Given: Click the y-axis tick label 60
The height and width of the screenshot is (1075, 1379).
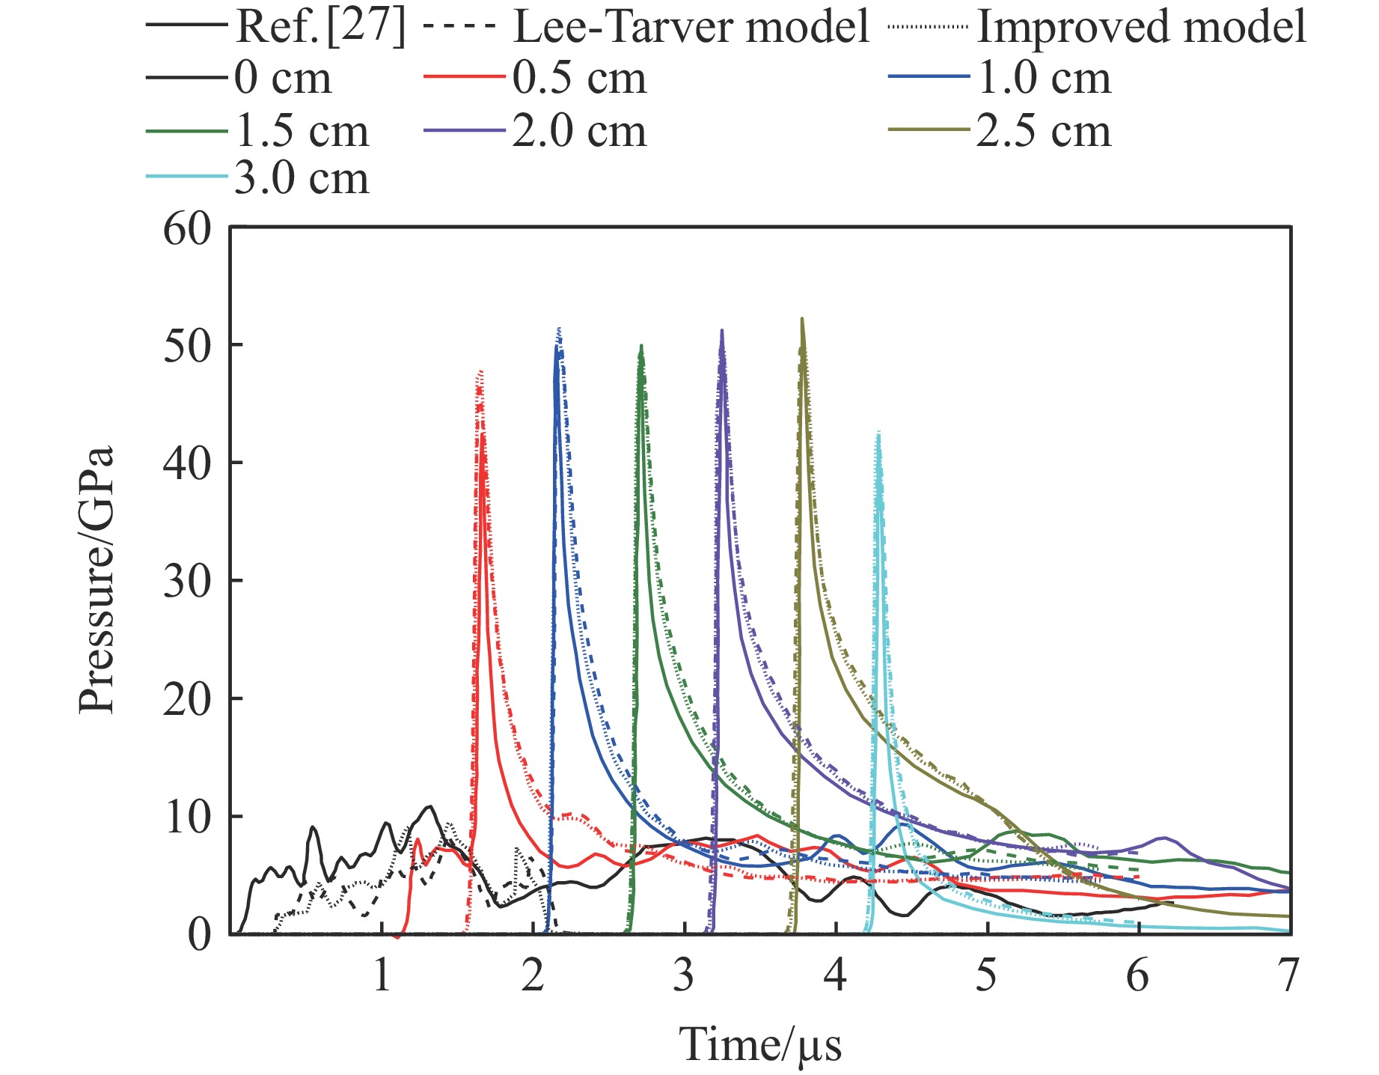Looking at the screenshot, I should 187,230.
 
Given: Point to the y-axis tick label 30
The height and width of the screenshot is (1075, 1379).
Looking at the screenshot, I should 187,582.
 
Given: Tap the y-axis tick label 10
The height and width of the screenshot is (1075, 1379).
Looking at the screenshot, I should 187,817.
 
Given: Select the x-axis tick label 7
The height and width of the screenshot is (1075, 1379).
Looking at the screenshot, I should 1288,977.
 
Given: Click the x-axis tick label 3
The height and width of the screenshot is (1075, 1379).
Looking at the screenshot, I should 683,977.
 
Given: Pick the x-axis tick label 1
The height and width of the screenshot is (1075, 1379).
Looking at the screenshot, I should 382,977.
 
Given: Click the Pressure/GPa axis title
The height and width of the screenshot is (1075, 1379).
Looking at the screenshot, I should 97,580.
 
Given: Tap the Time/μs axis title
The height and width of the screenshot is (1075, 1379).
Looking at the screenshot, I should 760,1045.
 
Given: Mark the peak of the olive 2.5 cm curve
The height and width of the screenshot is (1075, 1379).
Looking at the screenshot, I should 802,319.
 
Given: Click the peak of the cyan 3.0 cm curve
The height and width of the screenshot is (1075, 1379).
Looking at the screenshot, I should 878,433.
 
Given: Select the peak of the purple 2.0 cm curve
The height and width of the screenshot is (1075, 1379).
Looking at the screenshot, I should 722,330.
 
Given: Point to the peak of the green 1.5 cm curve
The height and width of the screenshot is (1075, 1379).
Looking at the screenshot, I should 641,346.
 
